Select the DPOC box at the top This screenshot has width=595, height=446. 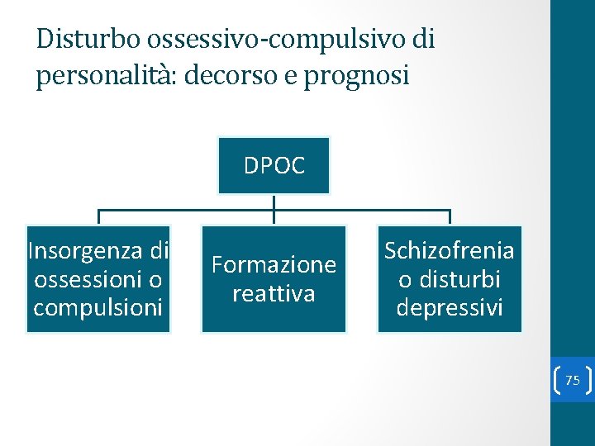click(x=274, y=165)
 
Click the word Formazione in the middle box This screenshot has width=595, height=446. click(x=274, y=265)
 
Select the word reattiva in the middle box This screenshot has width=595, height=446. click(x=274, y=293)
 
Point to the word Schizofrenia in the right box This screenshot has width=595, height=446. click(x=449, y=251)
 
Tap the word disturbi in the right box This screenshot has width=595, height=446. click(x=461, y=279)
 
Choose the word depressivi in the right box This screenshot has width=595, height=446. click(x=449, y=307)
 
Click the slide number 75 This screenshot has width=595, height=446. click(x=572, y=380)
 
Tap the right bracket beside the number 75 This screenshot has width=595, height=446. click(x=588, y=380)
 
